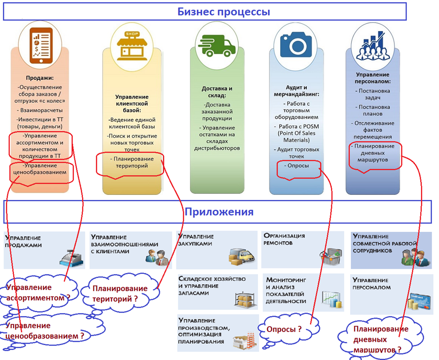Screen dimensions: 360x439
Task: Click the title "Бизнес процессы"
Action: (224, 12)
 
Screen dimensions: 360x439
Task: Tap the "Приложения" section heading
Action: (219, 212)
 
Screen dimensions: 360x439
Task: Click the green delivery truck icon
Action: (217, 45)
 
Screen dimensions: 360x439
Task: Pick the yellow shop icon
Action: (130, 45)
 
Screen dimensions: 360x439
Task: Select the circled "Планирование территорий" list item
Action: (131, 163)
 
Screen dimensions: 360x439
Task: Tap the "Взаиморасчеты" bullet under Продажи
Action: (40, 110)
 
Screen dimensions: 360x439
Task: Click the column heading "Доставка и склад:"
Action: (217, 92)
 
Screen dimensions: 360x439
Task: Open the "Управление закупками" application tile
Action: (217, 249)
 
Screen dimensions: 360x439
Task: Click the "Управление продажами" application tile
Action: (44, 249)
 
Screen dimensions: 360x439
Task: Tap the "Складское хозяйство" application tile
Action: (217, 291)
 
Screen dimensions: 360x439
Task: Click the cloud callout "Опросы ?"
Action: (285, 329)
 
